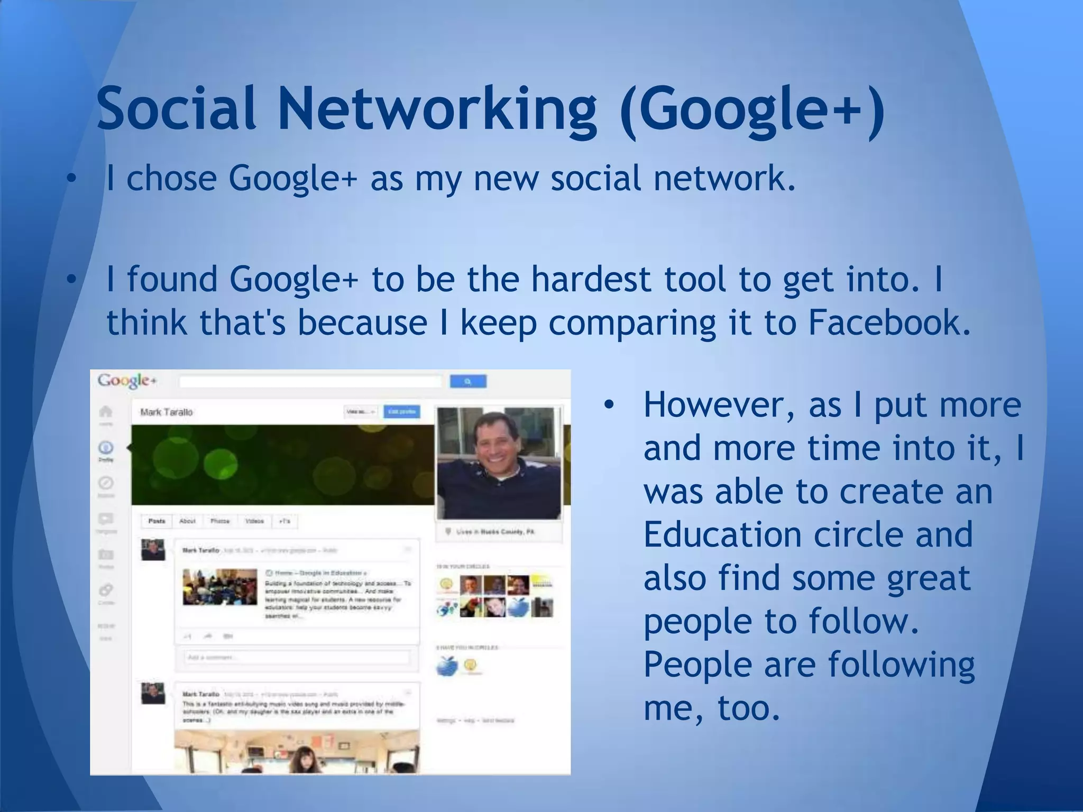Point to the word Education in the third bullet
(x=721, y=534)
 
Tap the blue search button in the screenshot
(x=468, y=381)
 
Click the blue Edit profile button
(x=402, y=411)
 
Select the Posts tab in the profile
(x=157, y=521)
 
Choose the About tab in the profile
(x=187, y=521)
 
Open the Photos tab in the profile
(x=220, y=521)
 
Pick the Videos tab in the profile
(x=254, y=521)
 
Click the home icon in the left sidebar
(x=106, y=411)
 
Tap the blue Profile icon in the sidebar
(x=106, y=448)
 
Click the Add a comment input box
(x=297, y=658)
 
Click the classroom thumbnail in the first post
(x=219, y=587)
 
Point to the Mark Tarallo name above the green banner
(x=167, y=412)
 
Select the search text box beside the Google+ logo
(x=310, y=381)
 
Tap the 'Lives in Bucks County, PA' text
(x=495, y=531)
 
